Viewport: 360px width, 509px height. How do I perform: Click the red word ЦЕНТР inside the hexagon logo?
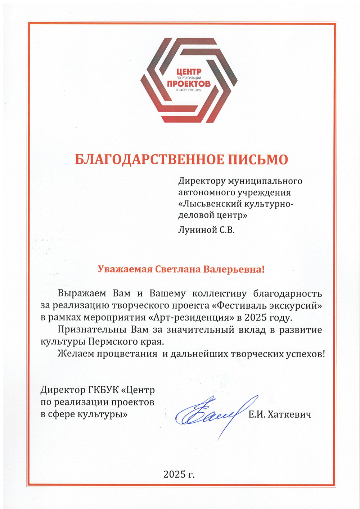tap(189, 72)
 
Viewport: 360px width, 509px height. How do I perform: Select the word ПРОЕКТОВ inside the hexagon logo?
tap(189, 84)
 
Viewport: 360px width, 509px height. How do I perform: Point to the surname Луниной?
tap(197, 230)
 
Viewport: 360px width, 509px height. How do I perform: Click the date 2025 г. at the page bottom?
tap(179, 474)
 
